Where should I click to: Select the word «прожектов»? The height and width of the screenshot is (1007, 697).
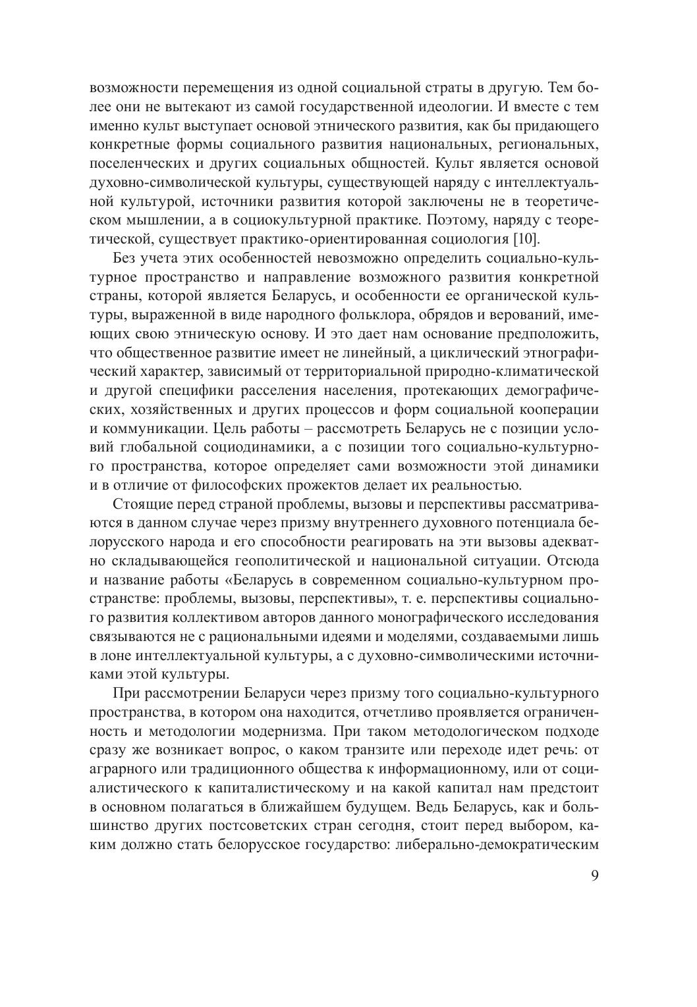[x=386, y=486]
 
